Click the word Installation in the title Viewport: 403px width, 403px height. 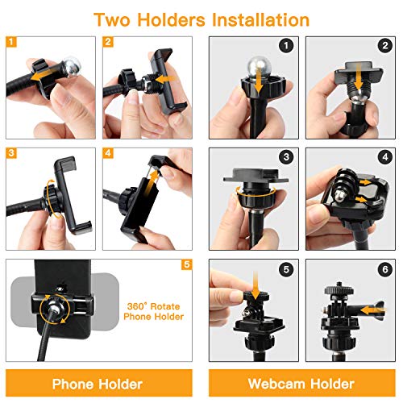(x=260, y=19)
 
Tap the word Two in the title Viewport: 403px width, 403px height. (x=112, y=20)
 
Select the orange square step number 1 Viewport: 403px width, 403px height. (x=11, y=42)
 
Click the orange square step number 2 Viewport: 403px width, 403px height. (x=108, y=42)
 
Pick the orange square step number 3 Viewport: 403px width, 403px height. (x=11, y=153)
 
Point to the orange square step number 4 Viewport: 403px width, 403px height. (x=108, y=153)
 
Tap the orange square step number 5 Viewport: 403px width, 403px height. (x=187, y=264)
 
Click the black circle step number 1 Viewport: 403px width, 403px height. (x=286, y=46)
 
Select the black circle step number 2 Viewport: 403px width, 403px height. (x=385, y=46)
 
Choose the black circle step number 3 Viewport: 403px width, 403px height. (x=286, y=156)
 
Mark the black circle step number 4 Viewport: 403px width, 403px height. (x=385, y=156)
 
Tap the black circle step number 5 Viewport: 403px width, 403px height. (x=286, y=269)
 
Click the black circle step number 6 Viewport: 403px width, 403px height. (x=385, y=269)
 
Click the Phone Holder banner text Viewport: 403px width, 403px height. (x=98, y=384)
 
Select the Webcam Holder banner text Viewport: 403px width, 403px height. (x=301, y=384)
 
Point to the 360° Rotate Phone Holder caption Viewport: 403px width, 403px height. (x=154, y=311)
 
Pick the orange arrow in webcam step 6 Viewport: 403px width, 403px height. (x=372, y=310)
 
